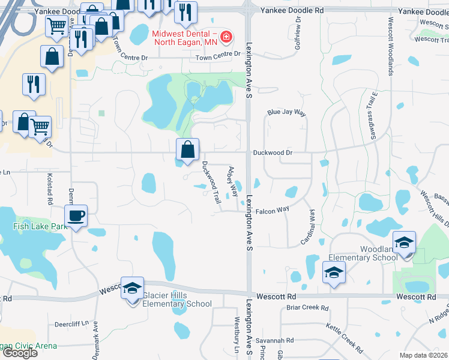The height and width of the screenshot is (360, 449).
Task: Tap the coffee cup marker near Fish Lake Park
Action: (x=76, y=215)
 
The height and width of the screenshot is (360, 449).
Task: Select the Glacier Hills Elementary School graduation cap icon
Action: (x=132, y=287)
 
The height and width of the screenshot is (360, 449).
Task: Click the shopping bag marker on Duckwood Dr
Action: (x=187, y=149)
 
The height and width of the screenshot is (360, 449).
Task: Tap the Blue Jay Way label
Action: (x=286, y=113)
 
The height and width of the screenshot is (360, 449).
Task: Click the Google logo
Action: (x=20, y=352)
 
